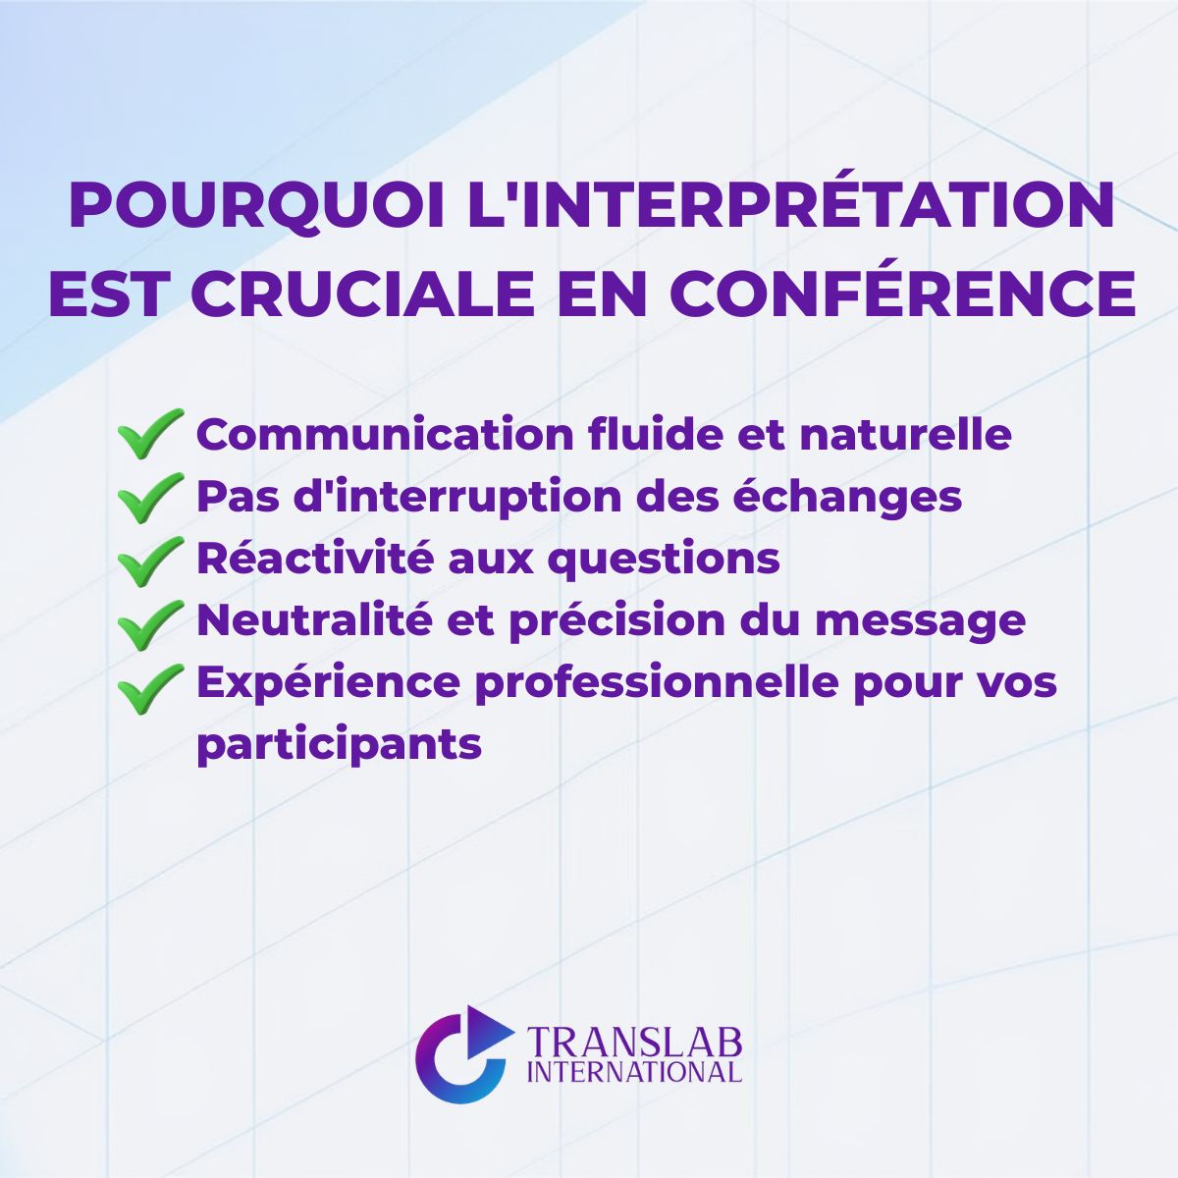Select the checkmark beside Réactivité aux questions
point(150,560)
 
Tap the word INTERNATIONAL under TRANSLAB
point(634,1071)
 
